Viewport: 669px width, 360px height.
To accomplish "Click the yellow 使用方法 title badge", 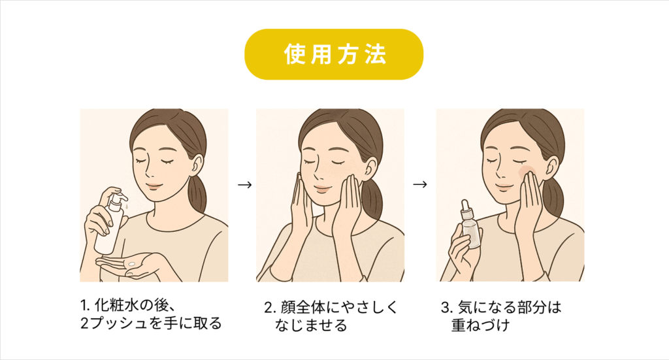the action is pos(334,54).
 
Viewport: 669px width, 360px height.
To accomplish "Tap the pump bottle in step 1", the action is pos(110,224).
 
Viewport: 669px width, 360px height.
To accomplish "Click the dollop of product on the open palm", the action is pos(131,264).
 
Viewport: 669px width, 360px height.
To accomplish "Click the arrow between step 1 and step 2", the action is pos(244,185).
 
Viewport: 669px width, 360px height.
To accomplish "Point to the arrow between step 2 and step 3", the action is pos(420,184).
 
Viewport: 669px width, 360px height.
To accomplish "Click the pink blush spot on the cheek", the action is pos(525,169).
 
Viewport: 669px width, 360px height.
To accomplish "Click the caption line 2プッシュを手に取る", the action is pos(151,323).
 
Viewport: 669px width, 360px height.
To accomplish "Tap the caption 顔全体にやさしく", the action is pos(339,307).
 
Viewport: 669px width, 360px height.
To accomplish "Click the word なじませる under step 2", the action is pos(311,325).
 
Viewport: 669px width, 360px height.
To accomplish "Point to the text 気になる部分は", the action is pos(510,307).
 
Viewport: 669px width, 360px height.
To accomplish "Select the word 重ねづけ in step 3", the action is pos(481,325).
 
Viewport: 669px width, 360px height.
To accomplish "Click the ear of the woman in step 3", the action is pos(549,167).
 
